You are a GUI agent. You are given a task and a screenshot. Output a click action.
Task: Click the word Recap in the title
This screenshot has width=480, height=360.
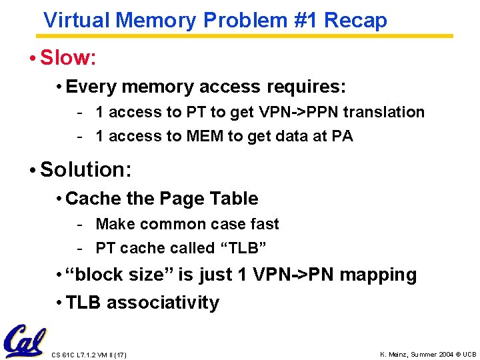pyautogui.click(x=357, y=20)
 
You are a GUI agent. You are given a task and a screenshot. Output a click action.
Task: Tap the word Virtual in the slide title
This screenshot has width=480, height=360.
pyautogui.click(x=77, y=20)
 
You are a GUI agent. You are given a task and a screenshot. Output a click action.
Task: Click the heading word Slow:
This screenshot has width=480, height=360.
pyautogui.click(x=69, y=58)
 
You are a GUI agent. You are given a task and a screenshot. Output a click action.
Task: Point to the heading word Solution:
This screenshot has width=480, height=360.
pyautogui.click(x=86, y=169)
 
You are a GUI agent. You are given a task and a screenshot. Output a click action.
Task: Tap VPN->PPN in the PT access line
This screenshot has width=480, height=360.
pyautogui.click(x=297, y=112)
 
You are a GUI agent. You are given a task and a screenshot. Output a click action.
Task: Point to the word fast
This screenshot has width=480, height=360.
pyautogui.click(x=264, y=224)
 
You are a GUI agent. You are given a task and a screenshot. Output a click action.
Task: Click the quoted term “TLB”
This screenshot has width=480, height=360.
pyautogui.click(x=243, y=249)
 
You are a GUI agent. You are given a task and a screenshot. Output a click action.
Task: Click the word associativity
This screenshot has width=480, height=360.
pyautogui.click(x=163, y=303)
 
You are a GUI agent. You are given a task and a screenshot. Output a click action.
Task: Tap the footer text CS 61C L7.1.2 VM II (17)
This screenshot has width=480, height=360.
pyautogui.click(x=89, y=355)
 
